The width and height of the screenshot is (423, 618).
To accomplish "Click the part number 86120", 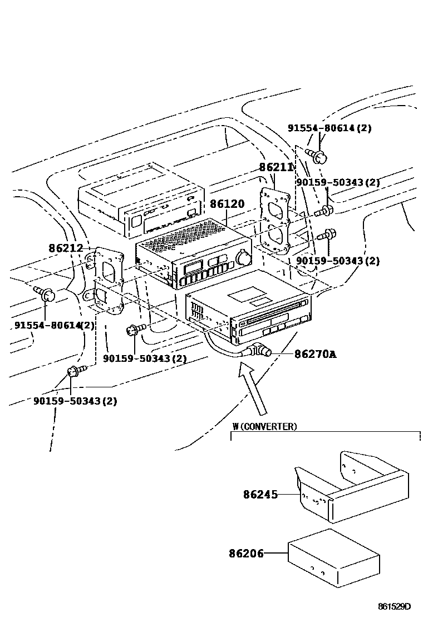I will (x=227, y=205).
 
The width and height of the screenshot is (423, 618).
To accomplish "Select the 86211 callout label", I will (x=276, y=167).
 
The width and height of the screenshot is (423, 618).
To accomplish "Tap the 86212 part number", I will (x=65, y=248).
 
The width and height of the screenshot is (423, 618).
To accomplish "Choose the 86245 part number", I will (x=260, y=494).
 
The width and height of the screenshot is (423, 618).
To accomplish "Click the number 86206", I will (x=246, y=553).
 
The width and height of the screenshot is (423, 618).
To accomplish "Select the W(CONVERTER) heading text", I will (x=264, y=426).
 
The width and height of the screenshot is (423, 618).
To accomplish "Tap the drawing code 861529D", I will (x=394, y=606).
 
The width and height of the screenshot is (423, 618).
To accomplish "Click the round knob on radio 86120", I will (x=243, y=258).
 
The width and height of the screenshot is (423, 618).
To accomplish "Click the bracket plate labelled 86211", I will (x=276, y=220).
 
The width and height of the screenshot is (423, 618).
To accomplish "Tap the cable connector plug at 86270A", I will (x=260, y=351).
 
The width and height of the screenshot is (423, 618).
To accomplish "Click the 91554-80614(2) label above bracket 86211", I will (x=329, y=128).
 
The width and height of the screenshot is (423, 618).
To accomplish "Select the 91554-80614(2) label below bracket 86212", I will (x=54, y=325).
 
